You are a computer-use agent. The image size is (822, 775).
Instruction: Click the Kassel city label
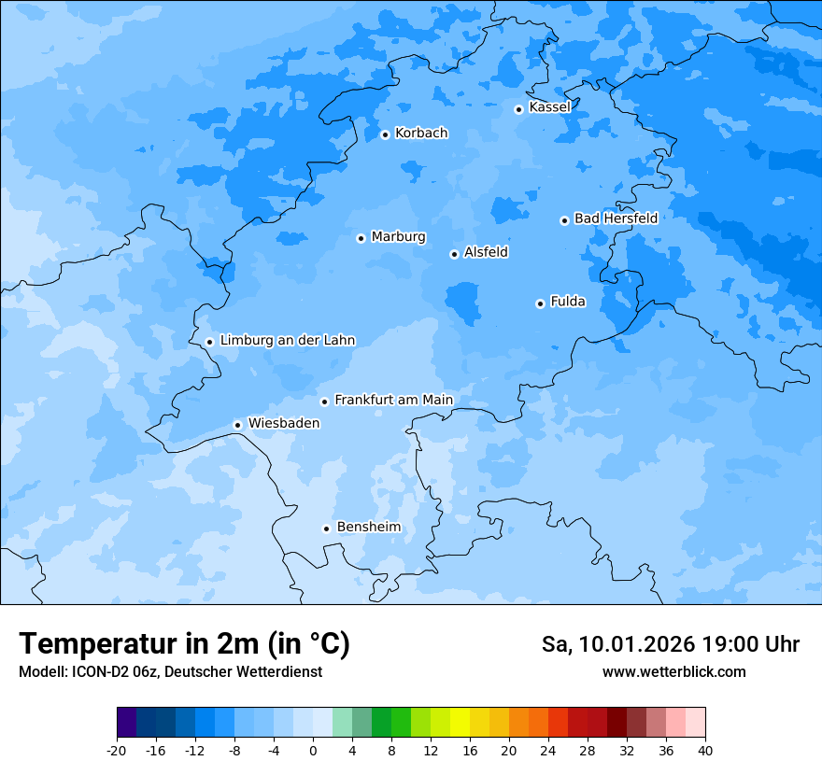(549, 107)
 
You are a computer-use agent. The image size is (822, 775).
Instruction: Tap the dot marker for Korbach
(385, 134)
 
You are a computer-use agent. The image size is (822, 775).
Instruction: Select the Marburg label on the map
(398, 237)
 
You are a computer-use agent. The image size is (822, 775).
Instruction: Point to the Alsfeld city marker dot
(454, 254)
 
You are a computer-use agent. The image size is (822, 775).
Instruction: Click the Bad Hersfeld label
(616, 218)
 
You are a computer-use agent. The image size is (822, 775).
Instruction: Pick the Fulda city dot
(540, 303)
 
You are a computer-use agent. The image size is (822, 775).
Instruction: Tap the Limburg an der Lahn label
(287, 341)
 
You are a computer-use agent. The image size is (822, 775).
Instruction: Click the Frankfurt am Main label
(393, 401)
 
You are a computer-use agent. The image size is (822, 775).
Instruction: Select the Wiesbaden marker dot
(238, 425)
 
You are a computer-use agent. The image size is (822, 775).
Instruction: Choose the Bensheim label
(368, 528)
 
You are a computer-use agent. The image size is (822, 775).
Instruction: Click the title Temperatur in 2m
(184, 644)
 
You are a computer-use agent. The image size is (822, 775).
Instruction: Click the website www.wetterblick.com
(673, 672)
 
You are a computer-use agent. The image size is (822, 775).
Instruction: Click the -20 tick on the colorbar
(117, 750)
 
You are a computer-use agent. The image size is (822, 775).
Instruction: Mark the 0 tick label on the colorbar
(313, 750)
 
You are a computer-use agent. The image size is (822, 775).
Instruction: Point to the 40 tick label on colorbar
(704, 750)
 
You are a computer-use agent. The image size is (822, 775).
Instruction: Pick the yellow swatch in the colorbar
(460, 723)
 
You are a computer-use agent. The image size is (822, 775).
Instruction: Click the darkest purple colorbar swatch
(127, 723)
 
